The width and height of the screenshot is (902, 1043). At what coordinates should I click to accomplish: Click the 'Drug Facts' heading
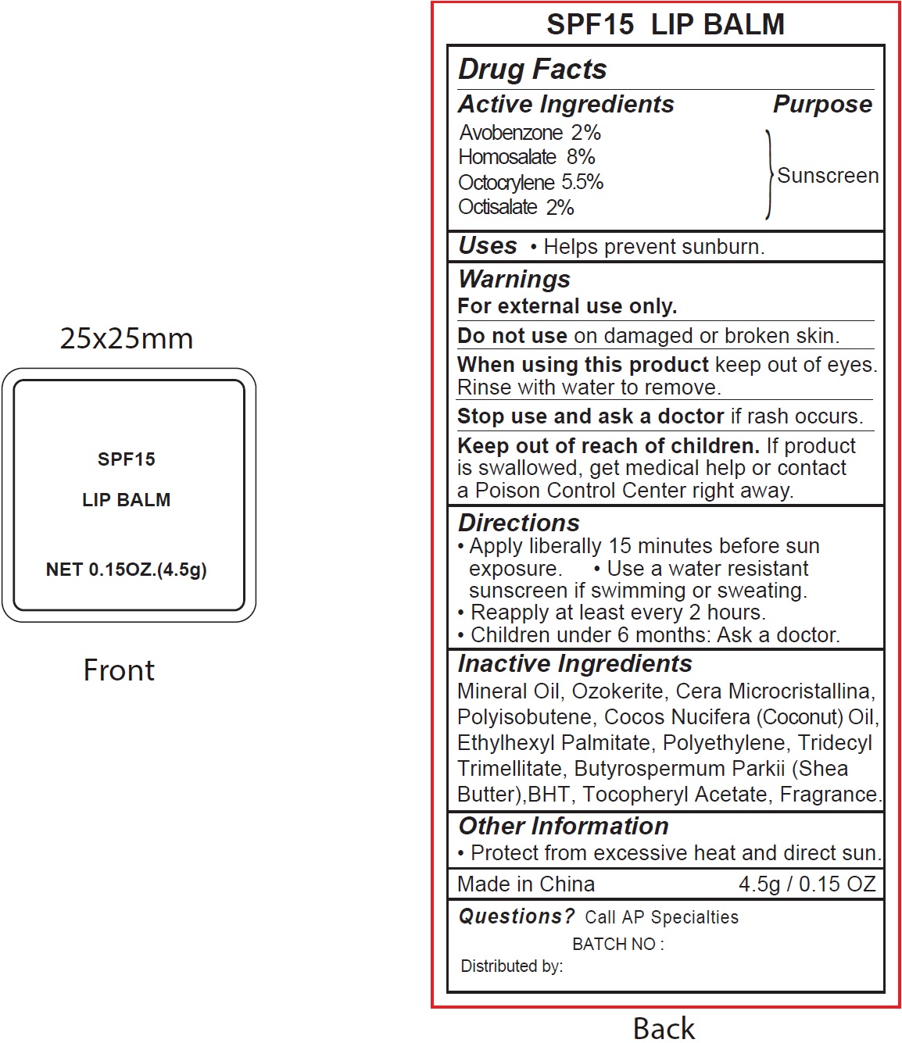(532, 70)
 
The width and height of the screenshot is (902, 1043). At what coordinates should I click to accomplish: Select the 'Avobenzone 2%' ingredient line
(529, 133)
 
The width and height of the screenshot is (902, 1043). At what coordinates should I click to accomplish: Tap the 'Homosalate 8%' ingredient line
(526, 157)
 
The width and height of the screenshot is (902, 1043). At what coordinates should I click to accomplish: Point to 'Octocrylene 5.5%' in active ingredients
(530, 183)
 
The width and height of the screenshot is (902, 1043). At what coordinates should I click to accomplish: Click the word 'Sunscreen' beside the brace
(828, 176)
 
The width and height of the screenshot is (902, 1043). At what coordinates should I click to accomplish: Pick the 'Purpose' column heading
(822, 105)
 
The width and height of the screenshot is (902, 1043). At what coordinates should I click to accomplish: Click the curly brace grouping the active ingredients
(769, 174)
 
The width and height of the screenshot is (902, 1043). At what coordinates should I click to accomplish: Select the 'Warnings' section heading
(514, 279)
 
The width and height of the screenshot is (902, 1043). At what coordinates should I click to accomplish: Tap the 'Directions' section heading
(519, 523)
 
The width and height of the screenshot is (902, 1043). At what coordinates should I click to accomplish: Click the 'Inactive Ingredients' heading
(574, 664)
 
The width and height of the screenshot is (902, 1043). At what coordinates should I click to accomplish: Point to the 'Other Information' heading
(564, 826)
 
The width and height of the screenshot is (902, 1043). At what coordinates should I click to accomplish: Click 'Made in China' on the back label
(526, 884)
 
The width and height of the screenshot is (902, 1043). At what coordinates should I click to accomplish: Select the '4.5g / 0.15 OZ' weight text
(807, 884)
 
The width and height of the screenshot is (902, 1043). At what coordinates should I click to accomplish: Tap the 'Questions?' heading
(516, 916)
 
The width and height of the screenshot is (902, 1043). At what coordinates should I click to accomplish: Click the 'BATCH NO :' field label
(617, 945)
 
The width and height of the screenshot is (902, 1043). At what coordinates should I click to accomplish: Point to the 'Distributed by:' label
(511, 966)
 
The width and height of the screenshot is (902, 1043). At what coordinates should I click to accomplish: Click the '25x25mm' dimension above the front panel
(127, 338)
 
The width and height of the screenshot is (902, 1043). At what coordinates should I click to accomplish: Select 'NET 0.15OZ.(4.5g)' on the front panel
(127, 570)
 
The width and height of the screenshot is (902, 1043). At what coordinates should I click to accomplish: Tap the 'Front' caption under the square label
(119, 670)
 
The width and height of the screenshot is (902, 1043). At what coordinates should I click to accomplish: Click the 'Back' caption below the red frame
(664, 1028)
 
